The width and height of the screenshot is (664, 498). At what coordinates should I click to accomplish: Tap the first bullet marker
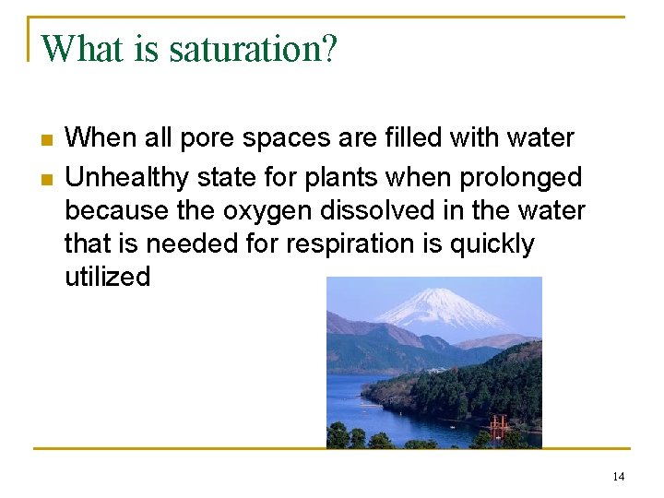pos(47,140)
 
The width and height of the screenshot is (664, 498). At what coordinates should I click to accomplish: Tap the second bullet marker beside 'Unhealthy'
pos(47,177)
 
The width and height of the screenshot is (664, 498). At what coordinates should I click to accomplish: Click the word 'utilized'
pos(107,277)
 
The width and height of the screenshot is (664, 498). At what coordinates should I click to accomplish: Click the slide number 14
pos(618,476)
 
